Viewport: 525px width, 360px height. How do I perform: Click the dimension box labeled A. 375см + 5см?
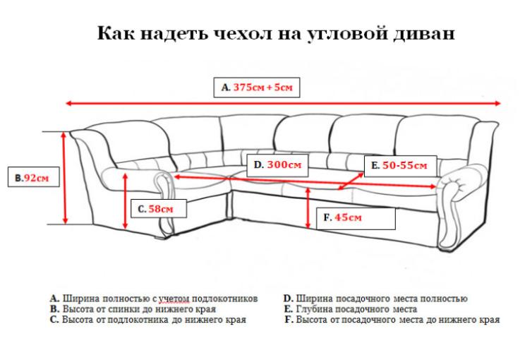pyautogui.click(x=256, y=88)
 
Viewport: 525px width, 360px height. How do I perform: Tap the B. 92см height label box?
pyautogui.click(x=34, y=177)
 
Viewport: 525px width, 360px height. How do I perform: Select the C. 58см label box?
pyautogui.click(x=158, y=208)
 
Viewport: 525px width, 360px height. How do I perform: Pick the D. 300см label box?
pyautogui.click(x=277, y=164)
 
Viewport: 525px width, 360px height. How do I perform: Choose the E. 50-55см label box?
pyautogui.click(x=400, y=166)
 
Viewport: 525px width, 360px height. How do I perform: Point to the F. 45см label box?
pyautogui.click(x=356, y=219)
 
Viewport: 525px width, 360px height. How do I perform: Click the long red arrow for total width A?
pyautogui.click(x=283, y=103)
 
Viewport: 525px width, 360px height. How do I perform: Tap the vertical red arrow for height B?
pyautogui.click(x=66, y=178)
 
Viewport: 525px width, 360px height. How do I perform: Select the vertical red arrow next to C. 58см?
pyautogui.click(x=125, y=201)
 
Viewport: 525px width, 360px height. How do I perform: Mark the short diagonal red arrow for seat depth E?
pyautogui.click(x=350, y=181)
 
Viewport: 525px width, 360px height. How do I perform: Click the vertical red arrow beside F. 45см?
pyautogui.click(x=308, y=208)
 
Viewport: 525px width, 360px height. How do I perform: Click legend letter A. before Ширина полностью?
pyautogui.click(x=55, y=299)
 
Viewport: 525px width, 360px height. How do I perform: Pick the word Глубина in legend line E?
pyautogui.click(x=314, y=309)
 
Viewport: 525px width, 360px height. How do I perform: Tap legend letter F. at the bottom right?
pyautogui.click(x=289, y=320)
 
